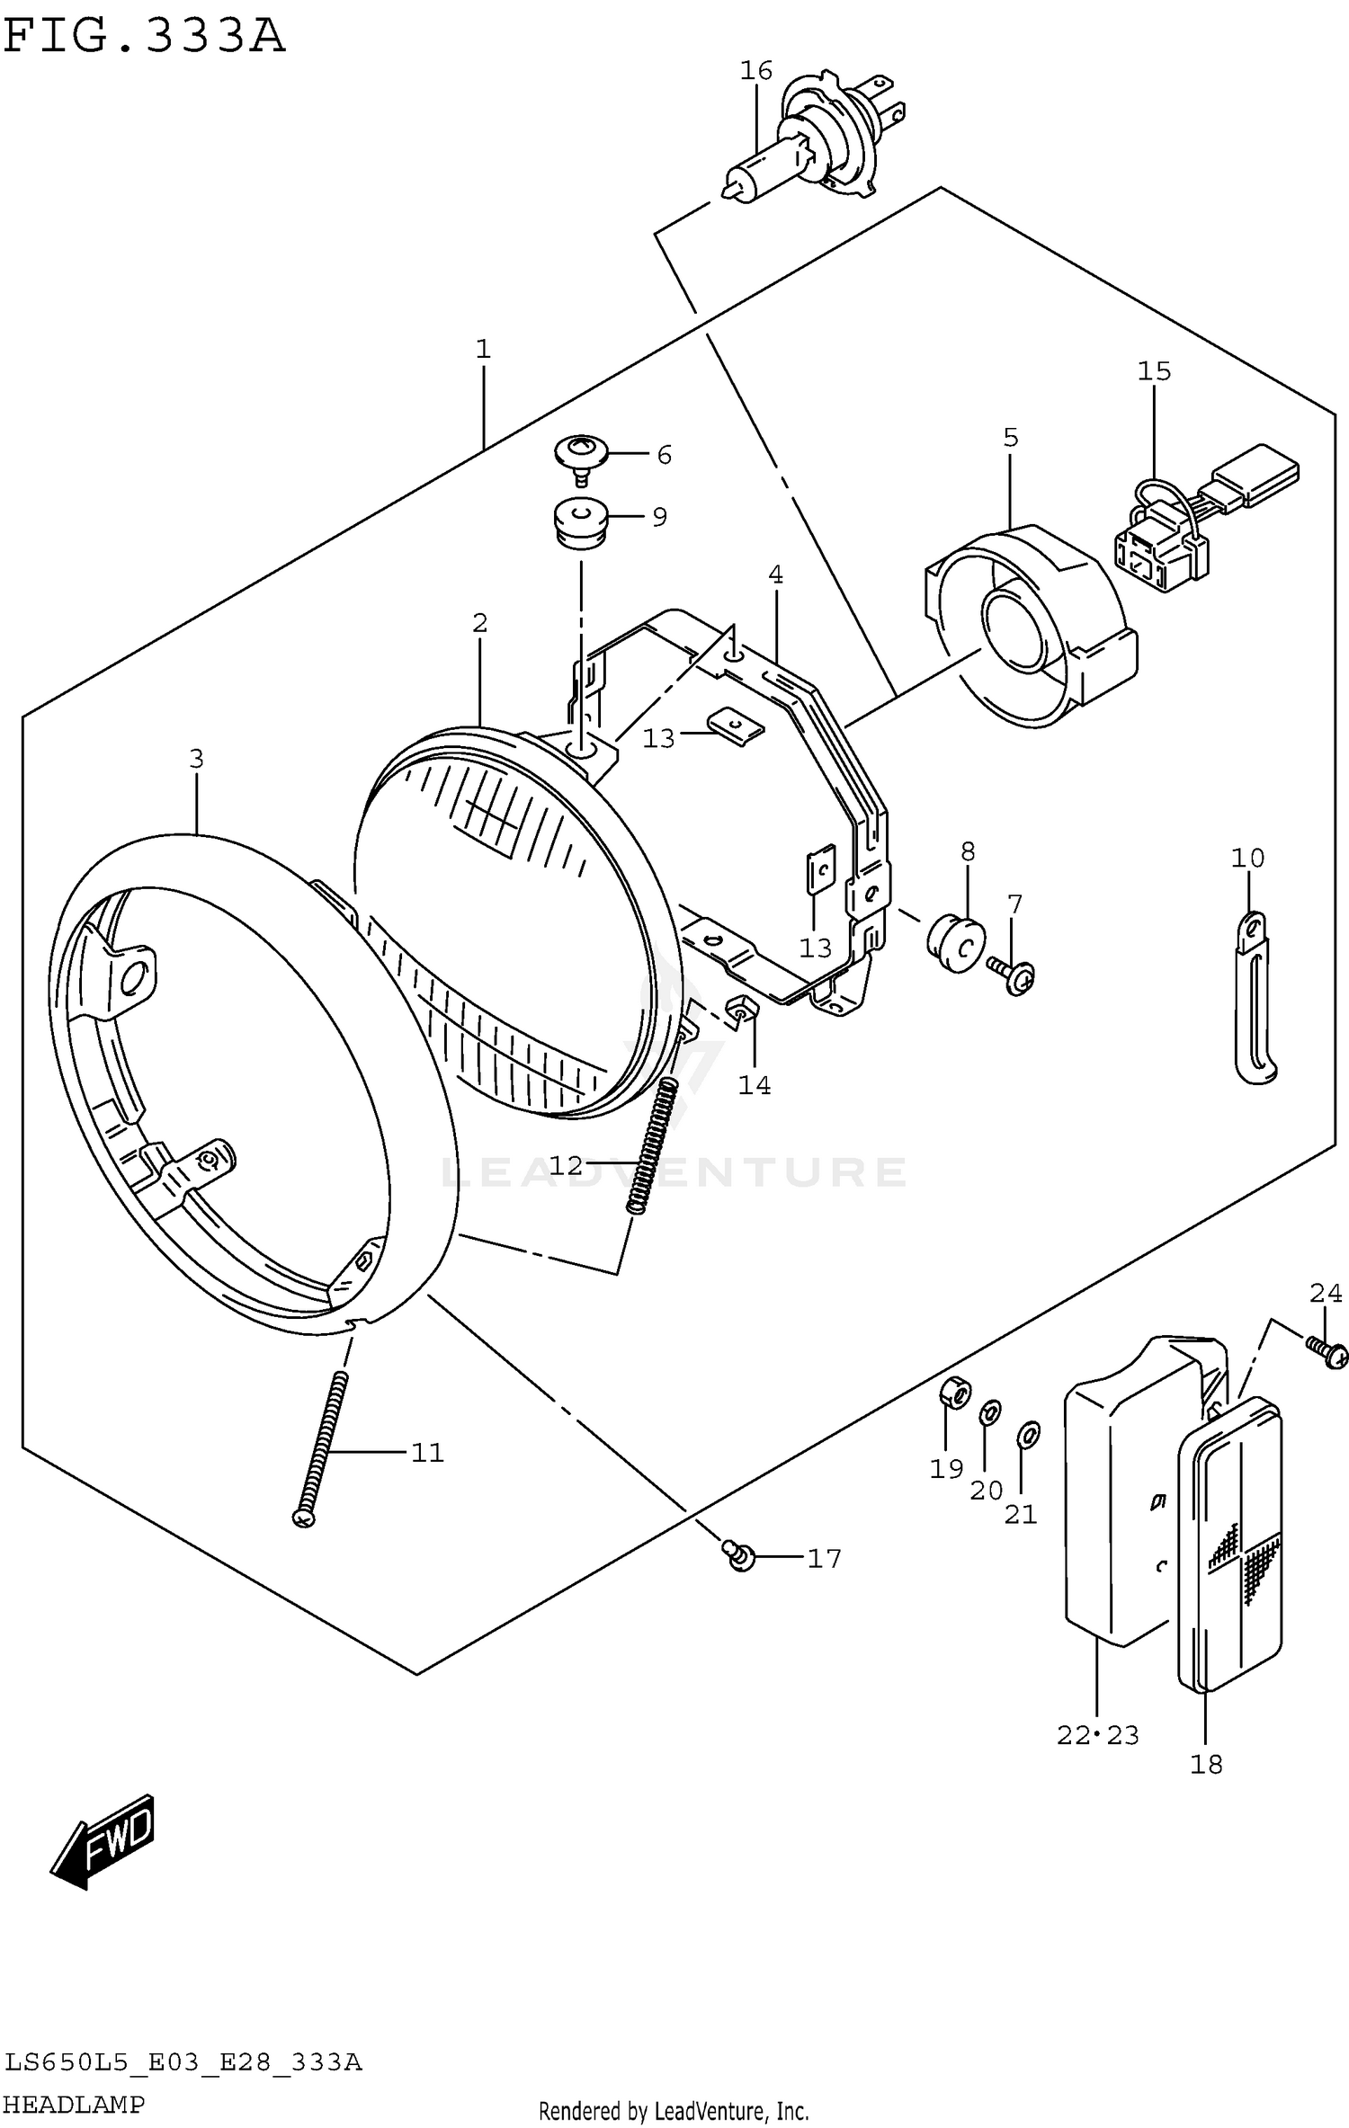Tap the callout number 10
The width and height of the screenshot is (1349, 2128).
1247,858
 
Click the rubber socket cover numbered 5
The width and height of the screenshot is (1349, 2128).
1030,625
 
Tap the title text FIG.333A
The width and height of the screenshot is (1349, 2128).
144,36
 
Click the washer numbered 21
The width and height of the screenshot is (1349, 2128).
1029,1435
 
